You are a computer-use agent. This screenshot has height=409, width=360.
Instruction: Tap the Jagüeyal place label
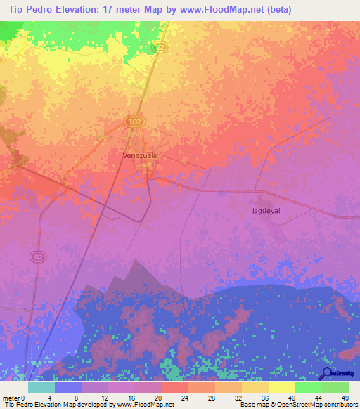[x=266, y=210]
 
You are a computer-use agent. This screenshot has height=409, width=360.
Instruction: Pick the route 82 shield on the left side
[x=39, y=257]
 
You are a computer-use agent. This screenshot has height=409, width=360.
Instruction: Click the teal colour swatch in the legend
[x=41, y=387]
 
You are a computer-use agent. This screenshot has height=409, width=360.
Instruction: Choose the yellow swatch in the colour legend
[x=281, y=387]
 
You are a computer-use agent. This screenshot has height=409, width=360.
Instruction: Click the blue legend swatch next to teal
[x=68, y=387]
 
